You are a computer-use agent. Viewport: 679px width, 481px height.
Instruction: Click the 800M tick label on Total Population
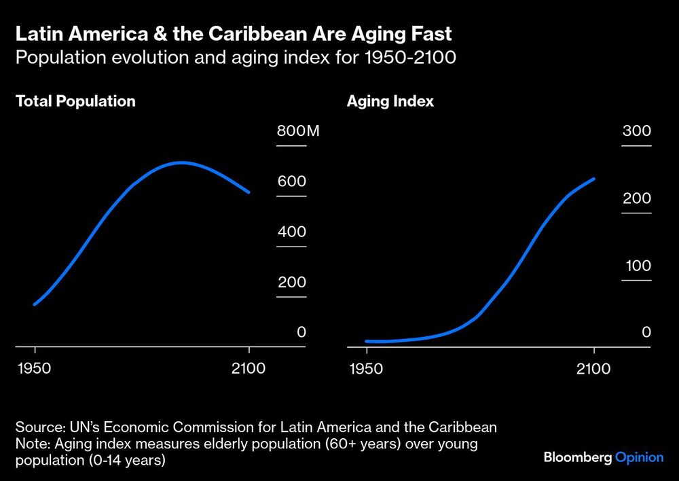click(x=297, y=132)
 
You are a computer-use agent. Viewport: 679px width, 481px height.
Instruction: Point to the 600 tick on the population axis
click(x=291, y=182)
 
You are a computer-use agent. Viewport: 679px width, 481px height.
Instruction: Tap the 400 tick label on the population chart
click(x=291, y=232)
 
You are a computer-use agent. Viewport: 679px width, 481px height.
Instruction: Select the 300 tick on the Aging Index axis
click(x=637, y=132)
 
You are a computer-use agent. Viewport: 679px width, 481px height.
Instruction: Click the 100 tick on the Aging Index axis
click(x=638, y=266)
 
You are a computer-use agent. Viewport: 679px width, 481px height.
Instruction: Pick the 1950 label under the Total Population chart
click(x=35, y=369)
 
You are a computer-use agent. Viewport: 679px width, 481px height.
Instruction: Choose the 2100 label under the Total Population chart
click(x=249, y=369)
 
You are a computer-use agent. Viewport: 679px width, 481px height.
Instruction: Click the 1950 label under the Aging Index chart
click(x=367, y=369)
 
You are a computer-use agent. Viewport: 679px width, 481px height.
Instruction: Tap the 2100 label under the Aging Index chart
click(x=594, y=369)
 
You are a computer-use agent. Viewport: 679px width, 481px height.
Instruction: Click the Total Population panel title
click(x=75, y=101)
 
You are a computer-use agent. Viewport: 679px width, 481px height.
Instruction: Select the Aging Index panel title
click(x=390, y=101)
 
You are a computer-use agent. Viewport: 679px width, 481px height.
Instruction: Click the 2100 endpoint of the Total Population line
click(x=249, y=192)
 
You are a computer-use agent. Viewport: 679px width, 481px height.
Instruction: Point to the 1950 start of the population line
click(x=35, y=304)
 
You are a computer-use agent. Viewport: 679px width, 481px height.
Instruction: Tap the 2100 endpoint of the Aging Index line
click(x=594, y=179)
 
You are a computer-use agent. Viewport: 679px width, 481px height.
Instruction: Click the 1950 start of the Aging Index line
click(x=367, y=341)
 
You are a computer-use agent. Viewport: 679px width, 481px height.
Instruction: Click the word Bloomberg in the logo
click(x=577, y=457)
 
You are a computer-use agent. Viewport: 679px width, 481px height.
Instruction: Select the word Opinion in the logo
click(x=639, y=457)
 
